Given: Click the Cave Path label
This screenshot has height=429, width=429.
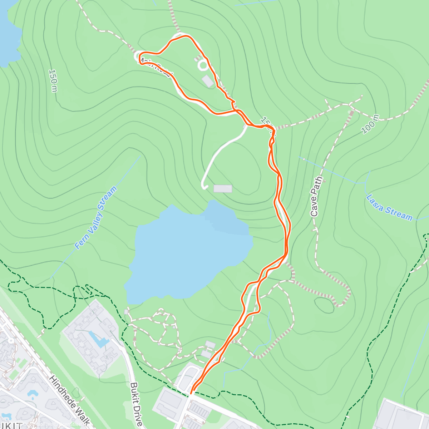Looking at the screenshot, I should point(315,197).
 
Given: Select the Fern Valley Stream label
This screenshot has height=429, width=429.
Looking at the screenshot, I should point(96,218).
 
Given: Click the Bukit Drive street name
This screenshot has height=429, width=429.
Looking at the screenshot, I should point(136,404).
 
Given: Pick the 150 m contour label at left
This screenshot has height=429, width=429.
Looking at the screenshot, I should point(53,80).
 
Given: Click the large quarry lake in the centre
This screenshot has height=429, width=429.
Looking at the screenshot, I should point(186,250).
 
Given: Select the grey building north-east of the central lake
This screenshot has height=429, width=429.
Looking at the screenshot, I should point(223,188).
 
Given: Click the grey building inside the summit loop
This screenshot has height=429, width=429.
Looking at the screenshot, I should point(208,81).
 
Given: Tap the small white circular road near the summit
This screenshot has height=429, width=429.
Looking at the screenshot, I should point(203,65).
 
